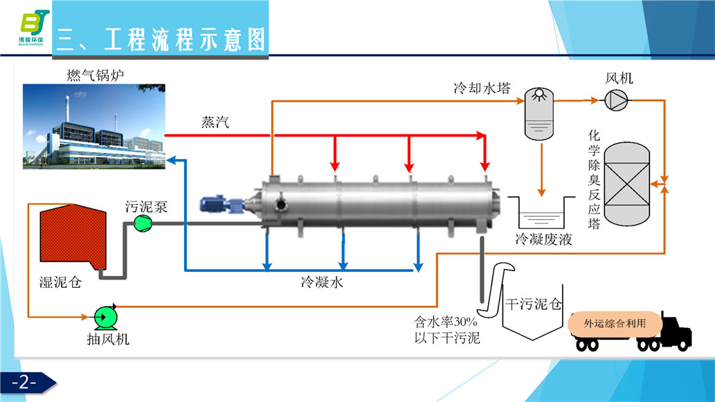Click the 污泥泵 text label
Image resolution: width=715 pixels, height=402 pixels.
point(146,205)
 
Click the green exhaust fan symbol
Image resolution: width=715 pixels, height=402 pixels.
point(105,316)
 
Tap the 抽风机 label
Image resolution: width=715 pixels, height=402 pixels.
point(108,339)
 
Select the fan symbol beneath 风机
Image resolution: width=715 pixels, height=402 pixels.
point(615,101)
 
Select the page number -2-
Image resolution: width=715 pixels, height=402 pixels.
point(26,381)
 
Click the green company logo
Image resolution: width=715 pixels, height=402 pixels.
point(34,27)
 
